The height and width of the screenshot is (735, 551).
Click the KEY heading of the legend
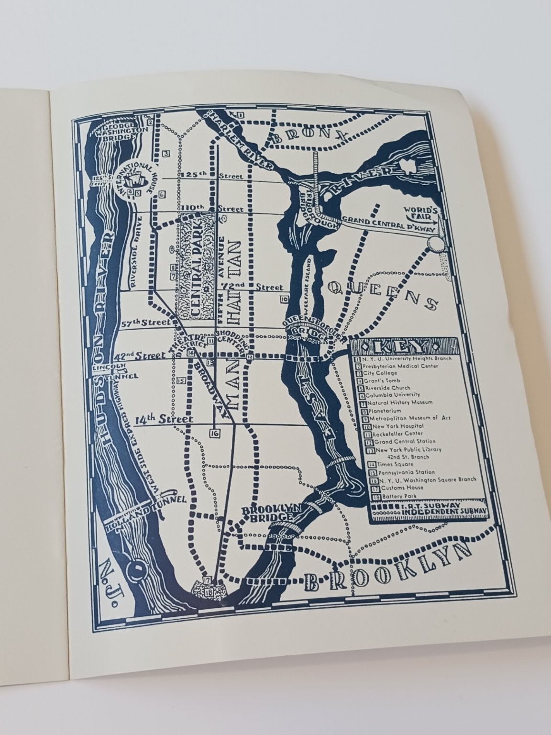point(403,345)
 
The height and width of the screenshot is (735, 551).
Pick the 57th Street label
point(145,323)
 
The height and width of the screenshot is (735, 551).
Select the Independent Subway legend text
point(431,512)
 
